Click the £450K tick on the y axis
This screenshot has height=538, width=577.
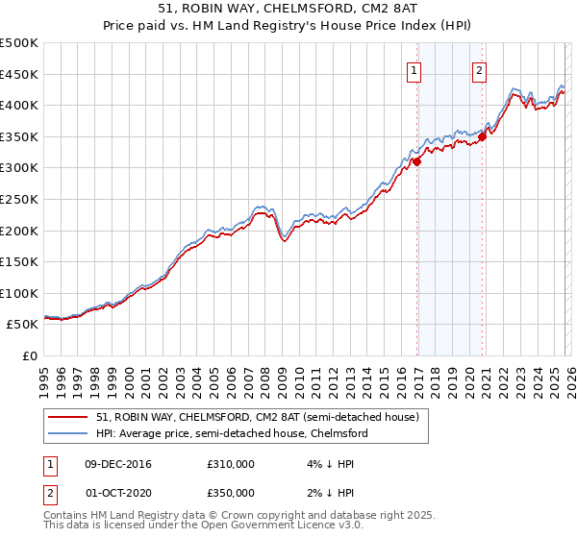pyautogui.click(x=19, y=74)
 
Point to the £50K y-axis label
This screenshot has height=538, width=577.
pyautogui.click(x=22, y=325)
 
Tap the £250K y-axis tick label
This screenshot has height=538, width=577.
pyautogui.click(x=19, y=199)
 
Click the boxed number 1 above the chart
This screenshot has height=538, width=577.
pyautogui.click(x=414, y=69)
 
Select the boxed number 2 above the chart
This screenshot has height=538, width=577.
pyautogui.click(x=479, y=69)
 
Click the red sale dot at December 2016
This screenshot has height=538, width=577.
pyautogui.click(x=416, y=162)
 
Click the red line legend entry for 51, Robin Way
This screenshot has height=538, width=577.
pyautogui.click(x=258, y=418)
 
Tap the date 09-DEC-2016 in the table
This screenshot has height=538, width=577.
pyautogui.click(x=119, y=464)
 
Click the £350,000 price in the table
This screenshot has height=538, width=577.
pyautogui.click(x=230, y=493)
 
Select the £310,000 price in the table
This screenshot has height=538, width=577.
pyautogui.click(x=230, y=464)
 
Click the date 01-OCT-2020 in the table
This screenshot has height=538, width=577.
pyautogui.click(x=119, y=493)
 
